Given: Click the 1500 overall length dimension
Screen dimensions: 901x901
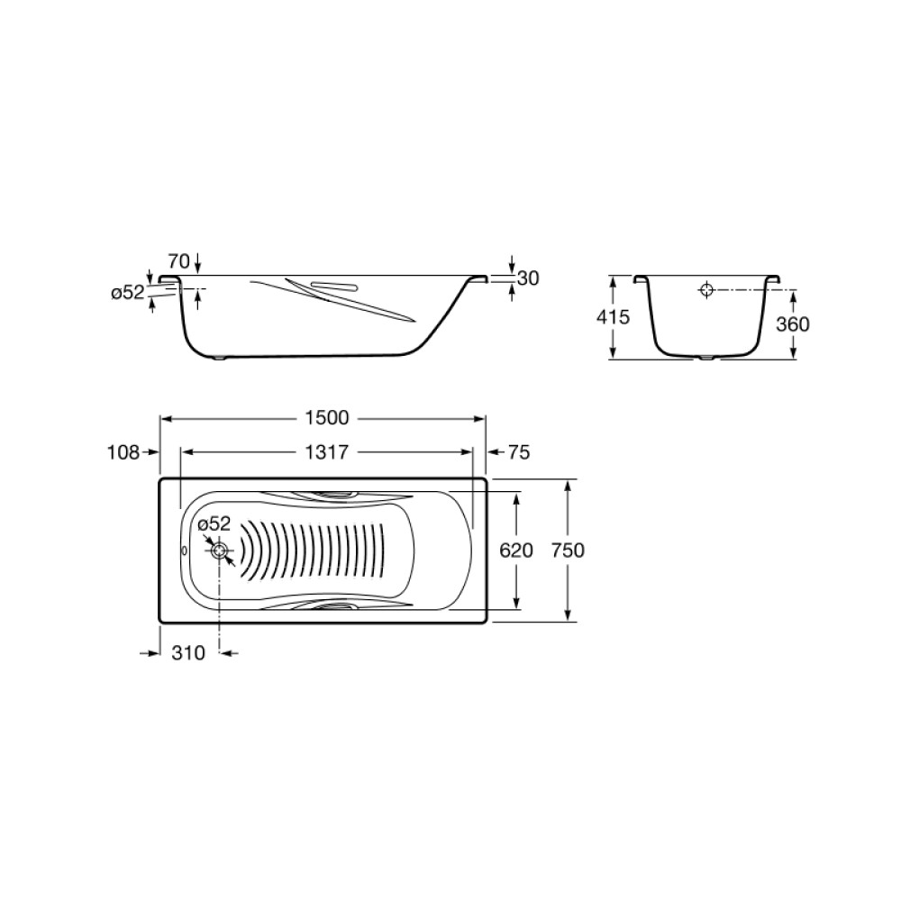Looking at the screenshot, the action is [x=326, y=418].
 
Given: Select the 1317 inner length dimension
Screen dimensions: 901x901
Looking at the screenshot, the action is [x=326, y=452].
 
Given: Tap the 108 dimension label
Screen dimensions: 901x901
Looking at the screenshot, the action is [x=123, y=453].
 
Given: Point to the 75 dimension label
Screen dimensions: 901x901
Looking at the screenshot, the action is [x=518, y=453].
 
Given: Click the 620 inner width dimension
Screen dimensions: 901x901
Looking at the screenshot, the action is [x=516, y=551].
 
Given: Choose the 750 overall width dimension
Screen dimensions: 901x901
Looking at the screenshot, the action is [x=568, y=551].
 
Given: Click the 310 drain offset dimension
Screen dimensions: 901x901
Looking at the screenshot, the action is [x=188, y=653].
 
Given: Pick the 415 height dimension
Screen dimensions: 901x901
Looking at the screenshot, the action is [x=613, y=316].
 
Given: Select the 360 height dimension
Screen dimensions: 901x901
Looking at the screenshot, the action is [x=793, y=324].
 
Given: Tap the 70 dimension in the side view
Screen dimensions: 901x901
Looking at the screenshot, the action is [x=178, y=261].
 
